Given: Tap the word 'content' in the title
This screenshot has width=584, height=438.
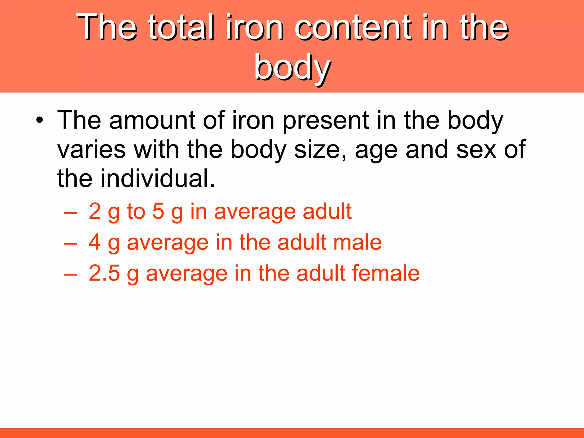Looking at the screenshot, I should coord(354,27).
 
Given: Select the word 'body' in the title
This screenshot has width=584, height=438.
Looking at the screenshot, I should coord(293,68).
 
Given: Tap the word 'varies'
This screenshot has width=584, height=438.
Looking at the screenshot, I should coord(91,149).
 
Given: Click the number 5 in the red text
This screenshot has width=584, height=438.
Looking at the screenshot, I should coord(158,211).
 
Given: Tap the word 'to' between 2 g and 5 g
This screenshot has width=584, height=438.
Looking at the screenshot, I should coord(136,211).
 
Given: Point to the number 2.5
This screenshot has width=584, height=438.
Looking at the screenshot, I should coord(104,273).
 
